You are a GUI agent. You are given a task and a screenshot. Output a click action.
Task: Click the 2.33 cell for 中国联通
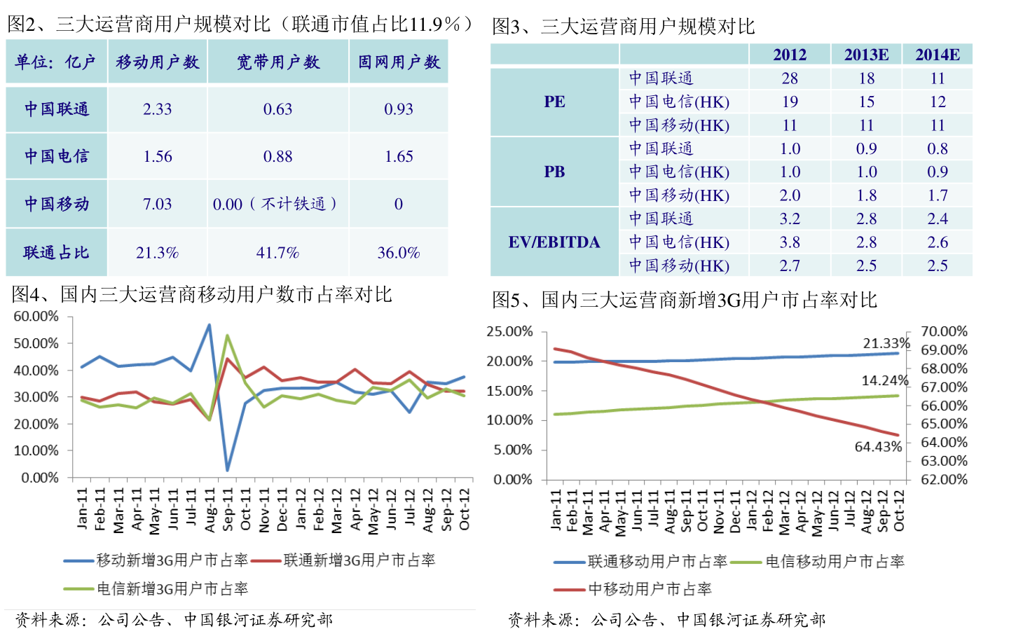157,109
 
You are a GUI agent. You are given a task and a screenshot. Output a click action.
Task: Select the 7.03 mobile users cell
157,205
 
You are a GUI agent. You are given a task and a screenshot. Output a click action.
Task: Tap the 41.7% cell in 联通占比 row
277,253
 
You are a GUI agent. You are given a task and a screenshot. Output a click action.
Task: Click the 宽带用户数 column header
277,62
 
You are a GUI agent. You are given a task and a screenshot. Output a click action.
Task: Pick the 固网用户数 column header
399,62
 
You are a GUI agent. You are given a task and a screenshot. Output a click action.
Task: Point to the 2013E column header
866,55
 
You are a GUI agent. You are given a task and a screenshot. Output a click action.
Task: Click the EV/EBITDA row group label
554,242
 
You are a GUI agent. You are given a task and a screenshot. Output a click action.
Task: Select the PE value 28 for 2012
790,78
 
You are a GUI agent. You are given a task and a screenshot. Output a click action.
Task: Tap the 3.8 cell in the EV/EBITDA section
790,242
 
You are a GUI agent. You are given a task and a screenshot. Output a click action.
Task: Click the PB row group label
554,172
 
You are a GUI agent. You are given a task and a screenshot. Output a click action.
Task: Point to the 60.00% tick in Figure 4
36,317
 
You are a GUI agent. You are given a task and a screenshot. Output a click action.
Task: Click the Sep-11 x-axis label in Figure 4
228,509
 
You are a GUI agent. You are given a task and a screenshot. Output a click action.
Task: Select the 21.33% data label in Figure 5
886,343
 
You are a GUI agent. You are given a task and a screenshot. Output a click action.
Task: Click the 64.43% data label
878,447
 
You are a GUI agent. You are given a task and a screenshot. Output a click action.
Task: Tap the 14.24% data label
885,380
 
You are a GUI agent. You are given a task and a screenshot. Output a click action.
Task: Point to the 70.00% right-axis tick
944,331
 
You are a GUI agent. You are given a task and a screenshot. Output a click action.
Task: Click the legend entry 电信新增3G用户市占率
172,589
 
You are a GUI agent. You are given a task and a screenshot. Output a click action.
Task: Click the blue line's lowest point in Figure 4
227,470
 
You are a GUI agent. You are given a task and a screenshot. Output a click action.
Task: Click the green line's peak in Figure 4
227,336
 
